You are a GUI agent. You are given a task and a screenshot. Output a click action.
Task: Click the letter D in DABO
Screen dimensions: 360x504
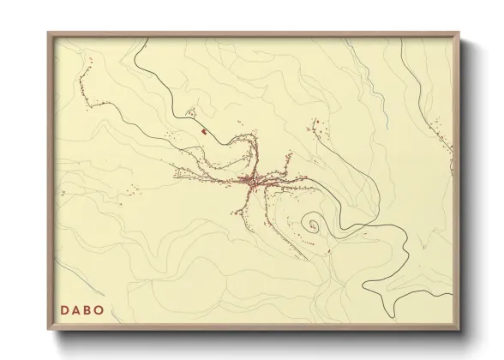coord(64,310)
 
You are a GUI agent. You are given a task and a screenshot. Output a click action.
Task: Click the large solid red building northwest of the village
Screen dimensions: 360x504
coord(203,131)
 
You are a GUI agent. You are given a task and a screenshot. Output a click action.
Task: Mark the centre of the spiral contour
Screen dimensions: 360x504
coord(314,225)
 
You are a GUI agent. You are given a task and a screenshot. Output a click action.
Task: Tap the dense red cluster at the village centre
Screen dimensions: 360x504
coord(252,181)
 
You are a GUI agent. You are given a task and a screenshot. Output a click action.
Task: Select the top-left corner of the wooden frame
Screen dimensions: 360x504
coord(50,33)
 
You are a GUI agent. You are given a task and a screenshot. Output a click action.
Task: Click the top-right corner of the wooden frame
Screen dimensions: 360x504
coord(459,33)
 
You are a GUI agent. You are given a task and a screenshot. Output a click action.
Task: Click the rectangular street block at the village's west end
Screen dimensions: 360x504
coord(189,174)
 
